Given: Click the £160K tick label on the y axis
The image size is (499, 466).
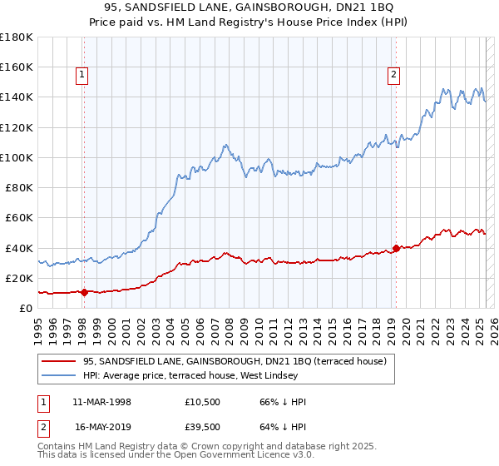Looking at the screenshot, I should tap(17, 67).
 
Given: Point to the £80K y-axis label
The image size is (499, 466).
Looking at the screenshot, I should tap(19, 187).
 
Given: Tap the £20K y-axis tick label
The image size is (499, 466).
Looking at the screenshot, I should tap(19, 278).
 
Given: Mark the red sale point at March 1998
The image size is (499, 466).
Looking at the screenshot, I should tap(84, 292).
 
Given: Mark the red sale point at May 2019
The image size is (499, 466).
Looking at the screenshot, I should tap(396, 248).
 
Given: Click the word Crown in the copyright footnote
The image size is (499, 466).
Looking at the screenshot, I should tap(215, 447).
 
